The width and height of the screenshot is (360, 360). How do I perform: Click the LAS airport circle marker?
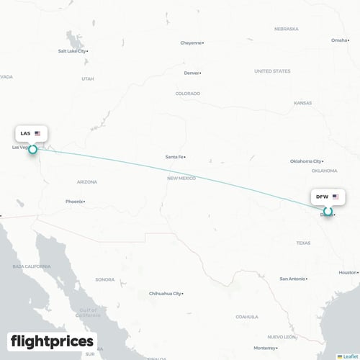(32, 150)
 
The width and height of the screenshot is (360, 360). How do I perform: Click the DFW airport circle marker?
(328, 211)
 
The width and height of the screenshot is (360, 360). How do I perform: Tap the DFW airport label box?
(328, 196)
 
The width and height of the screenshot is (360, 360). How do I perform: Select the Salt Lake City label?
(72, 51)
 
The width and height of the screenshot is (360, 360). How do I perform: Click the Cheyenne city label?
(191, 42)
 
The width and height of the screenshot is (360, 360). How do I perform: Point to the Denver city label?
(192, 73)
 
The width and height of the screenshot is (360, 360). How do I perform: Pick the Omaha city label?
(338, 40)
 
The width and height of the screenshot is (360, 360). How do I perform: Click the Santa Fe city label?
(175, 157)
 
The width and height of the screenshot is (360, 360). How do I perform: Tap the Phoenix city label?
(73, 202)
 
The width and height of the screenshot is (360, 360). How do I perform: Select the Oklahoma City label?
(305, 161)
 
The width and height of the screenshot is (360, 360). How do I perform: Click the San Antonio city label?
(292, 279)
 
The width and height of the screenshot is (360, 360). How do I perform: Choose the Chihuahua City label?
(165, 294)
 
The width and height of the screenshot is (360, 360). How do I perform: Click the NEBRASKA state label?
(286, 29)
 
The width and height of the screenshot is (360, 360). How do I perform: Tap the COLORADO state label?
(188, 94)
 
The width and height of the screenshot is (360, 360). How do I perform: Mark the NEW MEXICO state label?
(181, 178)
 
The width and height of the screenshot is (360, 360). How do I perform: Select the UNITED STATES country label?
(272, 71)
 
